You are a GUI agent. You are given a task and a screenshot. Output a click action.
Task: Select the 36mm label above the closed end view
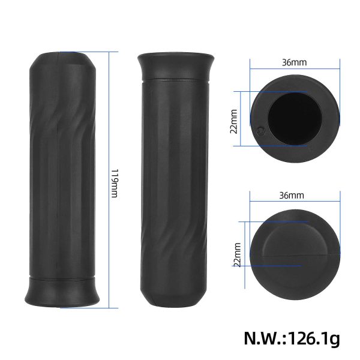click(x=293, y=196)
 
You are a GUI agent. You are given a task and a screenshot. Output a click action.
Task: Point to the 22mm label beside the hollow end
click(x=234, y=118)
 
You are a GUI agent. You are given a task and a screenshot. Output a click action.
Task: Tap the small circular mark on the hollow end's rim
click(x=260, y=130)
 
